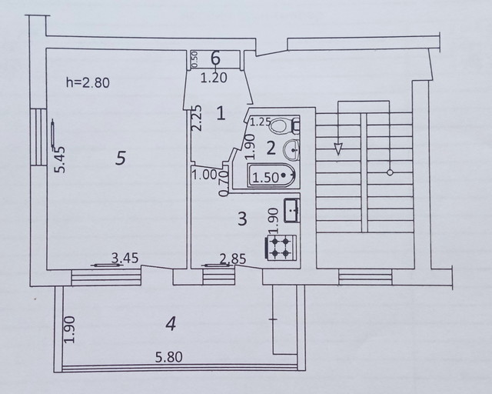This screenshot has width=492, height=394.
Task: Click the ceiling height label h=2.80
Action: point(88,82)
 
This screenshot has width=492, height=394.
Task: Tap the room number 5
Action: point(121,158)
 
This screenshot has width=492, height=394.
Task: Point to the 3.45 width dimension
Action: point(125,259)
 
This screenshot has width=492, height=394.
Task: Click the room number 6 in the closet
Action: point(215,58)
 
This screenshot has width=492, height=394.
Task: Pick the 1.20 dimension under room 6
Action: point(214,78)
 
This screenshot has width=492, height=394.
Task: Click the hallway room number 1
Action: point(221,113)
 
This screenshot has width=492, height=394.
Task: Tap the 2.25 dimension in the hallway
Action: point(197,118)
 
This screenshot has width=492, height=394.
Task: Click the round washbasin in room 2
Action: point(291,149)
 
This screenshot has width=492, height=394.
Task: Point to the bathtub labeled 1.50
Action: point(271,175)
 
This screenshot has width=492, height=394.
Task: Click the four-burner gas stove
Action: point(281,247)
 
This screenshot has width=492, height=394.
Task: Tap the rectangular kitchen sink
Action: point(292,211)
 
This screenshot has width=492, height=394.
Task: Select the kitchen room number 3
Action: point(243,219)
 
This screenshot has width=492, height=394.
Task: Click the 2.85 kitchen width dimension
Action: point(233,259)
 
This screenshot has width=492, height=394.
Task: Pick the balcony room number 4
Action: point(171,324)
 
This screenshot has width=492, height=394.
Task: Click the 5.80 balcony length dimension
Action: point(169,357)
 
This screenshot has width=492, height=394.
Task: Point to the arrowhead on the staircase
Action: point(338,149)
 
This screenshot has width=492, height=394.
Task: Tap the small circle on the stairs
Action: point(390,172)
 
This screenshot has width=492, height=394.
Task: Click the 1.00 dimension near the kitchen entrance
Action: point(204,175)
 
